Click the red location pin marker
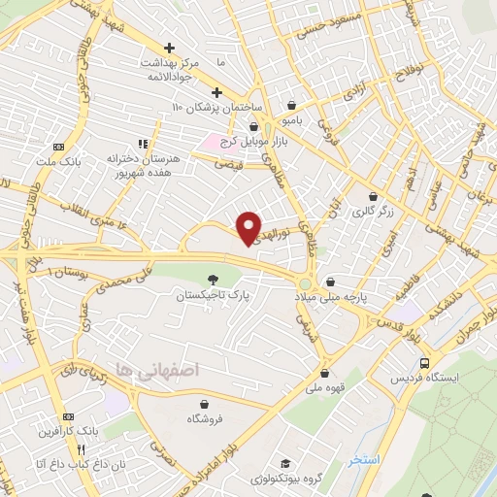pyautogui.click(x=249, y=227)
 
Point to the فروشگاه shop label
pyautogui.click(x=206, y=418)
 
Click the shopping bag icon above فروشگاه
pyautogui.click(x=205, y=404)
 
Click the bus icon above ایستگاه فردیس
pyautogui.click(x=422, y=362)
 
